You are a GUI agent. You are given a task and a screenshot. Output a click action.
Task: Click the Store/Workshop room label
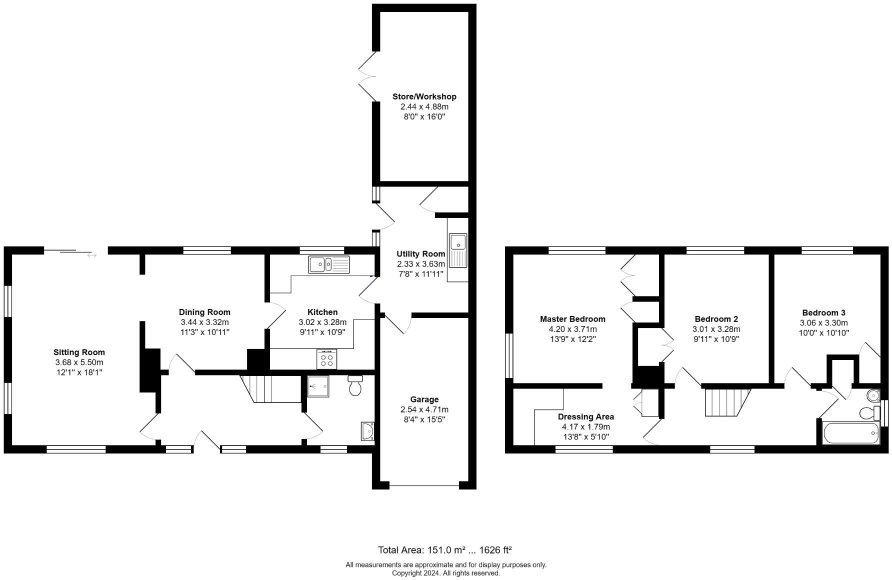[x=424, y=96]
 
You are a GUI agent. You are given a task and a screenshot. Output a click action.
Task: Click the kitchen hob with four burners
[x=326, y=359]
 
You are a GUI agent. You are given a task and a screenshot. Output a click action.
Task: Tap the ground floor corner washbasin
[x=368, y=431]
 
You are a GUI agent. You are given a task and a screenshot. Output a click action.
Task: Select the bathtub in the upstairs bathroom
[x=850, y=433]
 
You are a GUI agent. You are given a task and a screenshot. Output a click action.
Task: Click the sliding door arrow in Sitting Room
[x=91, y=255]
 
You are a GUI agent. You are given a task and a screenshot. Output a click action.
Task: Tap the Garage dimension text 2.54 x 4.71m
[x=424, y=409]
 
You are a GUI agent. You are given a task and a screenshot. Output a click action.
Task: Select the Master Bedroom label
[x=572, y=319]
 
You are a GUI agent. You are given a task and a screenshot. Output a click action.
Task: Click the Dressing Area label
[x=585, y=416]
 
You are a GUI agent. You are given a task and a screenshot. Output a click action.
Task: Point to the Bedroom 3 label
[x=823, y=312]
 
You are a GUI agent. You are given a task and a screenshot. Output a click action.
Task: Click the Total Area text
[x=444, y=550]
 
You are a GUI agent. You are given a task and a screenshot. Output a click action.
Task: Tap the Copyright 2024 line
[x=445, y=573]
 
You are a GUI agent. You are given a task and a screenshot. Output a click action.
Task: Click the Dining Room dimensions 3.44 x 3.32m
[x=204, y=322]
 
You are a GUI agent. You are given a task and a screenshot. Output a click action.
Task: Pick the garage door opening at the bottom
[x=424, y=485]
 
